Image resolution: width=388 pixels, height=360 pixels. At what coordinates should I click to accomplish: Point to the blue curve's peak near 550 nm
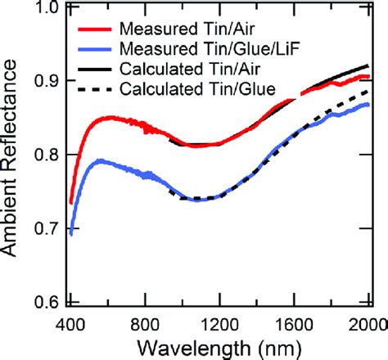[99, 160]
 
